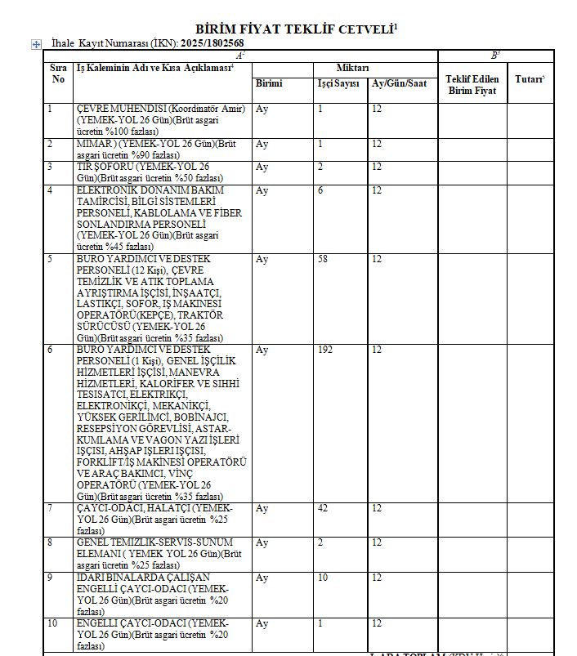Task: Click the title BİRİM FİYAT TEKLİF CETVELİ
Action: (x=295, y=29)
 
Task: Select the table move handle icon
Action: (x=36, y=44)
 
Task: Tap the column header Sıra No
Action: (x=58, y=74)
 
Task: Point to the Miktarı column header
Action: (x=353, y=67)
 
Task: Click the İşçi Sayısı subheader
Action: (x=338, y=84)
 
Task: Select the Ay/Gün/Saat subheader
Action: (x=399, y=84)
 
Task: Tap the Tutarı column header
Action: (x=530, y=79)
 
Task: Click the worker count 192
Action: (x=325, y=350)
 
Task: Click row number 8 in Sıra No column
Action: (x=51, y=543)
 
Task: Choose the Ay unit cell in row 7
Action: (x=262, y=509)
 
